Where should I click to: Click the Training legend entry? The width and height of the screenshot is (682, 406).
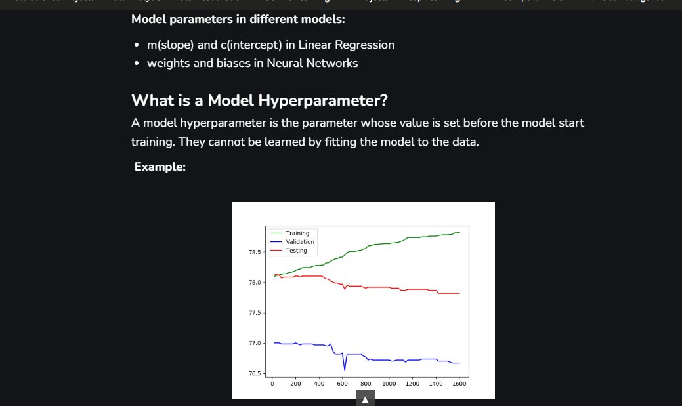pyautogui.click(x=297, y=233)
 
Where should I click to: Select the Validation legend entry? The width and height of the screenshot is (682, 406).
pyautogui.click(x=300, y=242)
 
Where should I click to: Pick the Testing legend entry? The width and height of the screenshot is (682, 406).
pyautogui.click(x=296, y=251)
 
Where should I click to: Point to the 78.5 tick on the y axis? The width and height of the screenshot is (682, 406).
pyautogui.click(x=254, y=252)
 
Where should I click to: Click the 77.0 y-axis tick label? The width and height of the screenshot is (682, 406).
pyautogui.click(x=254, y=344)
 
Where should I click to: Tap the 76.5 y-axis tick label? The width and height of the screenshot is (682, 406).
pyautogui.click(x=254, y=374)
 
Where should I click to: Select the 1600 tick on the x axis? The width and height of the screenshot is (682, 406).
pyautogui.click(x=459, y=384)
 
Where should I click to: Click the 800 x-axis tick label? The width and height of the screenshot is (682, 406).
pyautogui.click(x=366, y=384)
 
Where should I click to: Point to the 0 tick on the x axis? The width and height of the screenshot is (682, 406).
pyautogui.click(x=272, y=384)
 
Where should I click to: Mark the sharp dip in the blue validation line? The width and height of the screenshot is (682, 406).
pyautogui.click(x=345, y=370)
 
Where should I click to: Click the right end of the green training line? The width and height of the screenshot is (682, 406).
pyautogui.click(x=459, y=232)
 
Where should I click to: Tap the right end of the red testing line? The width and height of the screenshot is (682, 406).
pyautogui.click(x=459, y=293)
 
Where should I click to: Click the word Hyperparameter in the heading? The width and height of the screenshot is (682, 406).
pyautogui.click(x=322, y=101)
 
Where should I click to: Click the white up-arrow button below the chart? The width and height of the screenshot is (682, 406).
pyautogui.click(x=366, y=399)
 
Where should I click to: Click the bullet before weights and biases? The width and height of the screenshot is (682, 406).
pyautogui.click(x=137, y=64)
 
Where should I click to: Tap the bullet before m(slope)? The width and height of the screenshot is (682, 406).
pyautogui.click(x=137, y=45)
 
